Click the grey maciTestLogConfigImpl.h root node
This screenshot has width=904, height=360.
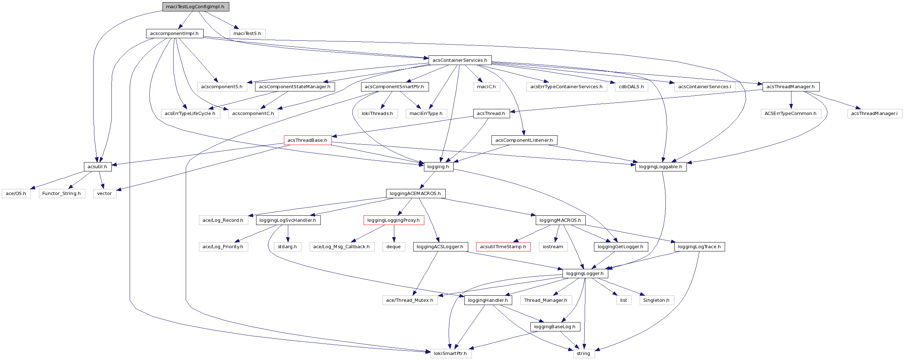click(195, 7)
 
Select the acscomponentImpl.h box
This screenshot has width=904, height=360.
click(174, 34)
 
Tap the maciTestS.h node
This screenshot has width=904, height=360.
click(247, 34)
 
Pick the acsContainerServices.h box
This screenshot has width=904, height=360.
click(460, 60)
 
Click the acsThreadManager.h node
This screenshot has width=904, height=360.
click(790, 87)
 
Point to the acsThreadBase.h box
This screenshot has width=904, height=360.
click(308, 140)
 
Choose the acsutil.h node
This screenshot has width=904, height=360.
click(97, 167)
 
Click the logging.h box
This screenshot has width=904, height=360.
click(438, 167)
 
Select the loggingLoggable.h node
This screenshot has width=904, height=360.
click(660, 167)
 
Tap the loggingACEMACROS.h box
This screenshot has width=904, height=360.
click(415, 194)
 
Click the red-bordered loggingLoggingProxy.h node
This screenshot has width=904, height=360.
click(394, 220)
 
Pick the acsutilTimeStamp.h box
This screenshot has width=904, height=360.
click(503, 247)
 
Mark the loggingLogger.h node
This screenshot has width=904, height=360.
click(585, 274)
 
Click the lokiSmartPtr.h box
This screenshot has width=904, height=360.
click(450, 354)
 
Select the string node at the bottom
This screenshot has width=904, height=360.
click(583, 354)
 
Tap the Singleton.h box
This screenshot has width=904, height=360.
click(656, 300)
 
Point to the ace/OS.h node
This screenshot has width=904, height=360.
click(16, 194)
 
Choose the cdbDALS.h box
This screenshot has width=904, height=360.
click(631, 87)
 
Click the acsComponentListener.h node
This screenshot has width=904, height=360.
click(524, 140)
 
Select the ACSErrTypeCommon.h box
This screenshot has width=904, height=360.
click(790, 114)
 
